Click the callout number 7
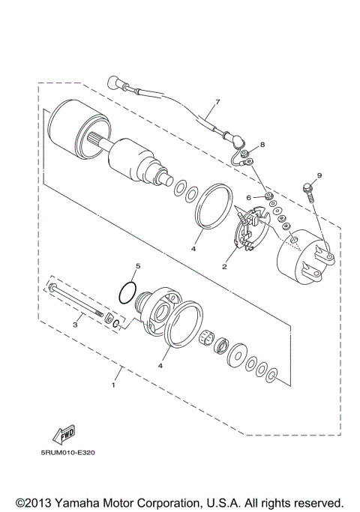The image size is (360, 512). coord(217,101)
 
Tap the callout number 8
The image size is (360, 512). coord(262,144)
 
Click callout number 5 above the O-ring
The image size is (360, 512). coord(137,266)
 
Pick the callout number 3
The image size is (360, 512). coord(76,325)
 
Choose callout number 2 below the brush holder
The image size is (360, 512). coord(224,266)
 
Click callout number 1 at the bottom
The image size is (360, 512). coord(113,386)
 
